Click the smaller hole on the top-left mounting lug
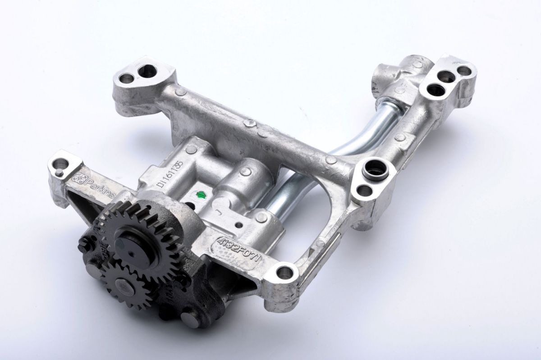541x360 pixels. click(127, 79)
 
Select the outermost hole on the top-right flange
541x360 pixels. click(463, 71)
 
